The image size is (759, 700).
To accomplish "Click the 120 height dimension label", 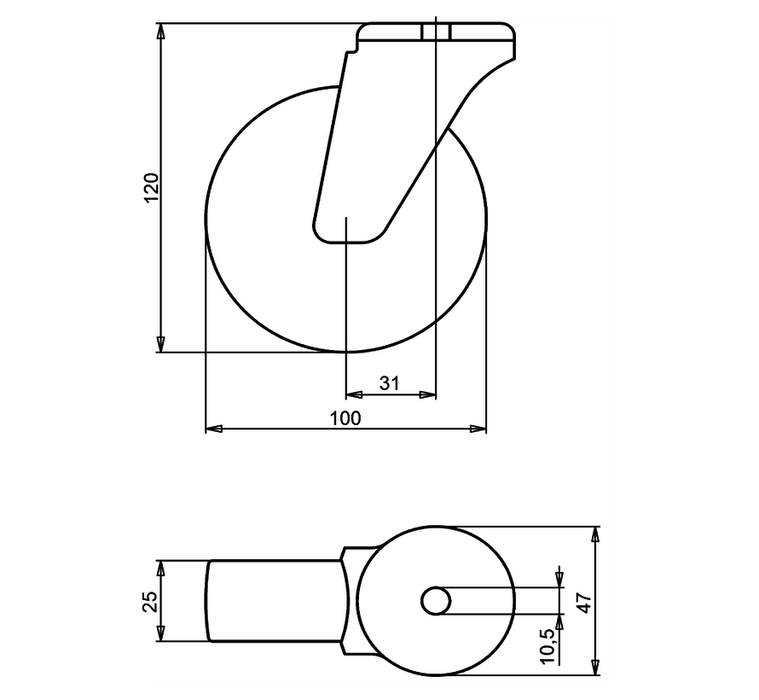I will pos(151,188).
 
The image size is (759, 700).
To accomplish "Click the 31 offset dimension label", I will pos(389,383).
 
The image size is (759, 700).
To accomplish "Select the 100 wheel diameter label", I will pos(345,417).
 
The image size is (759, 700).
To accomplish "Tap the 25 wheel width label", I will pos(149,601).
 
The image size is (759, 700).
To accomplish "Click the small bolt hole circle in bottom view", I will pos(436,600).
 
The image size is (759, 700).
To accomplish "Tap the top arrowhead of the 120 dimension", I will pos(160,32).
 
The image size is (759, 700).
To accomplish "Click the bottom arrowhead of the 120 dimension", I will pos(160,345).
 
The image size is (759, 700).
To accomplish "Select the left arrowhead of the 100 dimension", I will pos(213,427).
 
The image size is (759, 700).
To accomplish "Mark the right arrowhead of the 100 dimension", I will pos(479,427).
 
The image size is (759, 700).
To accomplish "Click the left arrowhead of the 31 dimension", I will pos(351,394).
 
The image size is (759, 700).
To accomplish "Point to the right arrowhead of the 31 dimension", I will pos(430,394).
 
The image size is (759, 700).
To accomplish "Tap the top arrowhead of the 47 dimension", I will pos(596,534).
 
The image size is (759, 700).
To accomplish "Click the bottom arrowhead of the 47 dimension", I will pos(596,667).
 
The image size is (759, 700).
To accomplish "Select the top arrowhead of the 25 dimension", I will pos(160,567).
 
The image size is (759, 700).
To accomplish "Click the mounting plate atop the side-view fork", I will pos(436,34).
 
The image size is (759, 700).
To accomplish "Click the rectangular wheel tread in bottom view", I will pos(273,600).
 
